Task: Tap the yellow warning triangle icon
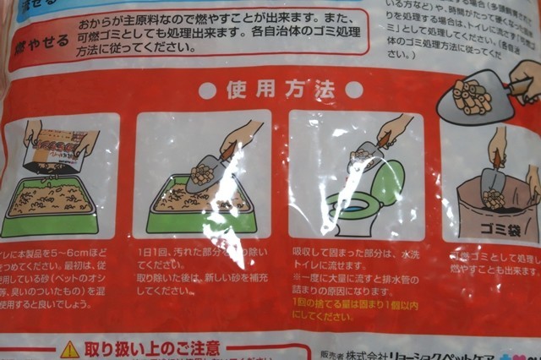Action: click(x=69, y=349)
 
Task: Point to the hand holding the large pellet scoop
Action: click(x=525, y=76)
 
